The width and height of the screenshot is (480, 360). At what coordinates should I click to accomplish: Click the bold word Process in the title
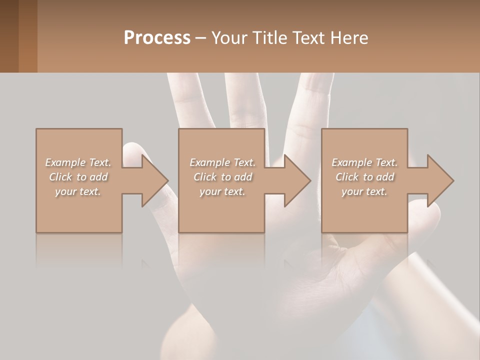[157, 37]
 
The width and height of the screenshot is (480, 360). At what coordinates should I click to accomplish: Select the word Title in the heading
[270, 37]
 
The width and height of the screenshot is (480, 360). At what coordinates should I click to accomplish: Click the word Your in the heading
[230, 37]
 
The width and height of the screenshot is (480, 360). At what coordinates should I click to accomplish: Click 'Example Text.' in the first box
[78, 162]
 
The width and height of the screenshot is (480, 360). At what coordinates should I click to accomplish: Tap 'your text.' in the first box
[78, 191]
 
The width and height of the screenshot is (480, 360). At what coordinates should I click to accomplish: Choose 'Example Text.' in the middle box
[222, 162]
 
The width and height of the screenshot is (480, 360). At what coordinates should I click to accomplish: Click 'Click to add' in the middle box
[222, 177]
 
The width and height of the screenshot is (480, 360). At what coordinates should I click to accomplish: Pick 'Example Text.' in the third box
[364, 162]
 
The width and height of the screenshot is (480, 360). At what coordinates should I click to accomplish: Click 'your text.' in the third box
[364, 191]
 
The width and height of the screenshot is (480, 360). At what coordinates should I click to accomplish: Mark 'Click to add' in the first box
[78, 177]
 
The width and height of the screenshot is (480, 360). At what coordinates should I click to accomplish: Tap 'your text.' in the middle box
[222, 191]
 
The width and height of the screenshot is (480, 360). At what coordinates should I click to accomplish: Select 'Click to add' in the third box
[364, 177]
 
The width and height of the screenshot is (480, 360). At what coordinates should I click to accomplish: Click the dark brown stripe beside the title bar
[9, 36]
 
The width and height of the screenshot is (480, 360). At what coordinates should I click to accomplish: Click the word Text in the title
[309, 37]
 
